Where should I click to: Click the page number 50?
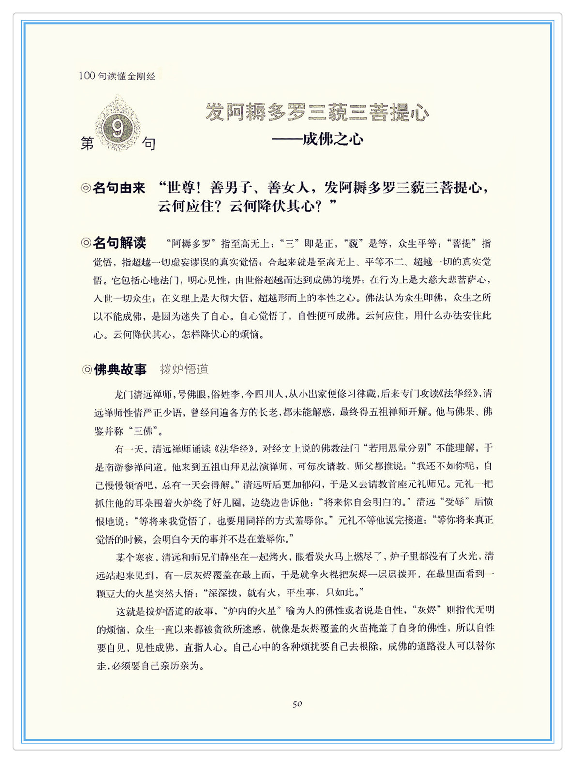297,704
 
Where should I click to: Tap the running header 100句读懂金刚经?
117,76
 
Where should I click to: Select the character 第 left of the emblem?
88,143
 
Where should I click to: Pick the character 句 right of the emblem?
149,143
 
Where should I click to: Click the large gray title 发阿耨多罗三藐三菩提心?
317,112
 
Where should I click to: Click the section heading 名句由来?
119,188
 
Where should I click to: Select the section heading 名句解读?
119,243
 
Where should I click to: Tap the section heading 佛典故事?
120,370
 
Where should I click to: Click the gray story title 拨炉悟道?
184,370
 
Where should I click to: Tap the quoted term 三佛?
144,430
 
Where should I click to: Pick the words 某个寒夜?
135,556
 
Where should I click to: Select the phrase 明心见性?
206,280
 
